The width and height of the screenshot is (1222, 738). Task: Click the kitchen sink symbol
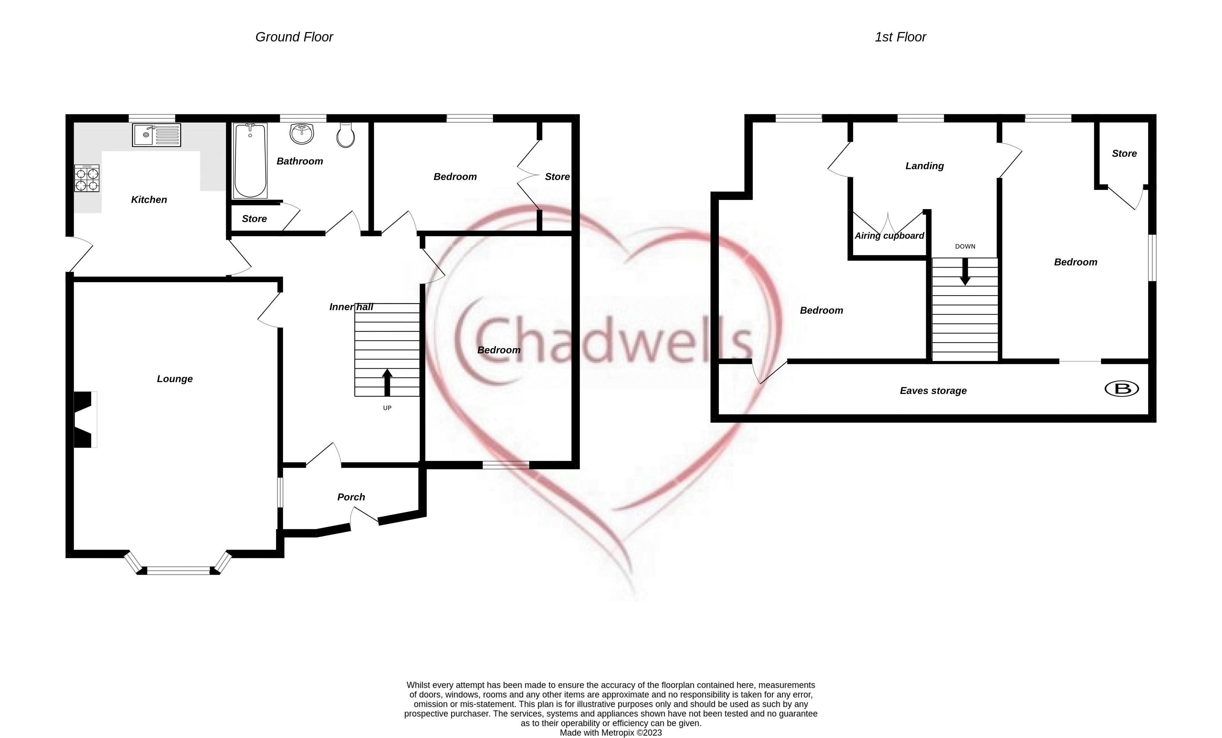156,135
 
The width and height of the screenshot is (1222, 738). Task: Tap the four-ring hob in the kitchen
87,178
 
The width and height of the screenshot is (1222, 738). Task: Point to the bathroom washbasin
301,133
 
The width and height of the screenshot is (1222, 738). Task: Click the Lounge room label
175,379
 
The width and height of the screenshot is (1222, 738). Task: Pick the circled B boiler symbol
1122,389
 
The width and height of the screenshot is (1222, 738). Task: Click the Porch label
351,497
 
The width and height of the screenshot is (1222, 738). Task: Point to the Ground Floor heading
294,37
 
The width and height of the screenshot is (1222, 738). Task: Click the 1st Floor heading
900,37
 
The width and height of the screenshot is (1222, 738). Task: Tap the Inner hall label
351,307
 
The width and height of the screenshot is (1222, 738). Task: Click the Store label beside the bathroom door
254,219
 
